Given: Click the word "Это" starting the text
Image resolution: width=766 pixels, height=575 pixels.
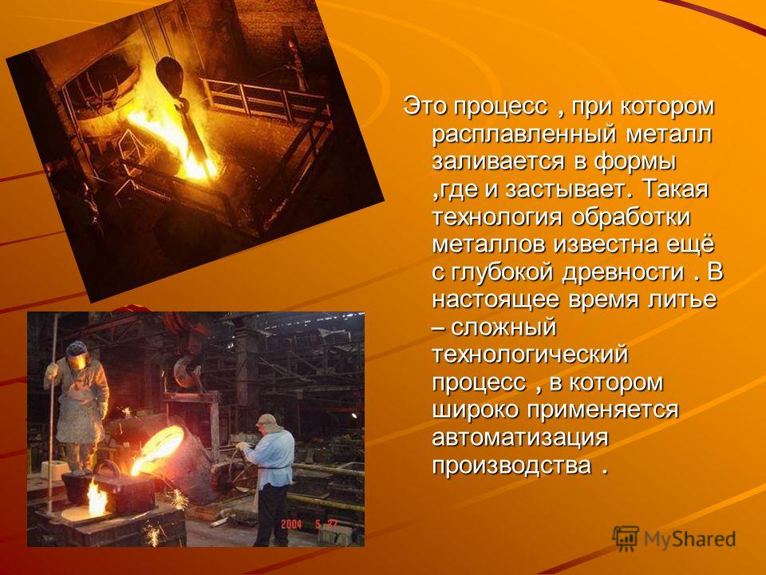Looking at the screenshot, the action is (x=424, y=107).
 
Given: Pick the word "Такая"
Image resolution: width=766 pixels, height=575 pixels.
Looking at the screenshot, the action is (x=674, y=189).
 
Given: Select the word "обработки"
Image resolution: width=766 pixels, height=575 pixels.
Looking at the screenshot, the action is (x=630, y=217).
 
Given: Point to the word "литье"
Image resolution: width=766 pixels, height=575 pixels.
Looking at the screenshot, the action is (x=682, y=299).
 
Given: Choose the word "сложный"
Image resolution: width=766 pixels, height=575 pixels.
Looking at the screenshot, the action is (x=503, y=327).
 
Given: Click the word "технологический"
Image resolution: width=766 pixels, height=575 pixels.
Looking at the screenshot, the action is (x=530, y=355).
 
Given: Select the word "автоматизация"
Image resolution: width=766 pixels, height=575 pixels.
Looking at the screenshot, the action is (x=519, y=438).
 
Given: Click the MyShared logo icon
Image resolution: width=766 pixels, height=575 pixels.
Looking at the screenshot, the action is (x=626, y=539).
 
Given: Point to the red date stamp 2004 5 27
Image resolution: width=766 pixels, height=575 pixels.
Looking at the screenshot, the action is (x=310, y=525).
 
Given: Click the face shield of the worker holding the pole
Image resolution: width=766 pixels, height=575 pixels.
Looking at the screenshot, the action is (x=77, y=361).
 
